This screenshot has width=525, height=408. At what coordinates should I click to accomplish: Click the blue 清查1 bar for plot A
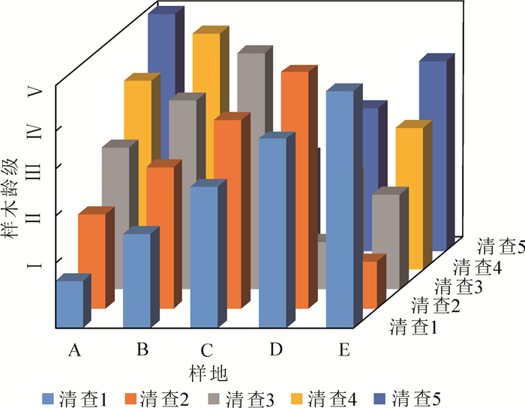[70, 303]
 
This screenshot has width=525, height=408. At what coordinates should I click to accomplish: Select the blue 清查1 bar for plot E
[340, 210]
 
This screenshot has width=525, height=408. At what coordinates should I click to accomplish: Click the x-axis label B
[140, 349]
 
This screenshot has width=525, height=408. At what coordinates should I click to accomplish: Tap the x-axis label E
[342, 349]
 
